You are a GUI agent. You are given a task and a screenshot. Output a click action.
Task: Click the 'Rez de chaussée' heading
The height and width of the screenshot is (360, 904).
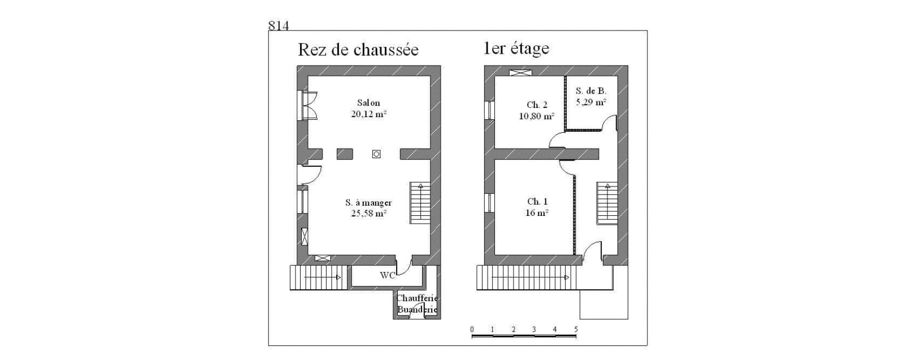[358, 50]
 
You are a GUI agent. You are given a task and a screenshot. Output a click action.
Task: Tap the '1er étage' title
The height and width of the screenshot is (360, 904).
[516, 49]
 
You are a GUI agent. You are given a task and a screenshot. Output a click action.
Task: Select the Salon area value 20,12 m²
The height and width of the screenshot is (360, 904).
[369, 114]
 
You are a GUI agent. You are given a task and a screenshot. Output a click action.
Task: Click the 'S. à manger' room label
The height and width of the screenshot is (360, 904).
[368, 202]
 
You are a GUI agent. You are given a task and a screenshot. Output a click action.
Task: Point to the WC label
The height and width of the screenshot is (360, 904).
[388, 275]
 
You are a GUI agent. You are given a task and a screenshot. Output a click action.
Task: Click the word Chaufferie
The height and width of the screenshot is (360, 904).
[418, 298]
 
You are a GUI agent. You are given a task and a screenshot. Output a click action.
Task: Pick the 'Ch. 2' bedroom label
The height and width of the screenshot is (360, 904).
[537, 105]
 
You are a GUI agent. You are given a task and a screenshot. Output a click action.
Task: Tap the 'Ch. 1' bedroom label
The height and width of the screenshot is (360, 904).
[537, 201]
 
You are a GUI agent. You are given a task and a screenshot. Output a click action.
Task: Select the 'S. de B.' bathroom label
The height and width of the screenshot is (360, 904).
[591, 91]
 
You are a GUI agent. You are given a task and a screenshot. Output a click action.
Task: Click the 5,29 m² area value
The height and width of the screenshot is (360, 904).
[591, 102]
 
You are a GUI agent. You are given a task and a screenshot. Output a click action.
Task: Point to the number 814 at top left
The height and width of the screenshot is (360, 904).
[279, 25]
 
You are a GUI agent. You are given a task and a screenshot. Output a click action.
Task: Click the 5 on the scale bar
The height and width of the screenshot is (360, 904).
[576, 329]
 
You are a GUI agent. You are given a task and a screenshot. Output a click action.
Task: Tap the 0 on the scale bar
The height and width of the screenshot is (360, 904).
[472, 329]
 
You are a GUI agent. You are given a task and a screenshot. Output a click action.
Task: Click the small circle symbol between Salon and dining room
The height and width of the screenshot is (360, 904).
[376, 154]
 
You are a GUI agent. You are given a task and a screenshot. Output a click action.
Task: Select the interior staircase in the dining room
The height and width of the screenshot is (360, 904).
[420, 203]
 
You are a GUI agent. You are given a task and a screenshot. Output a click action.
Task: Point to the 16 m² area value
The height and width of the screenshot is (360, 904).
[537, 212]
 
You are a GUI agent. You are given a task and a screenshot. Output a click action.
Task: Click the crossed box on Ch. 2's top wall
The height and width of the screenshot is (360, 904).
[520, 73]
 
